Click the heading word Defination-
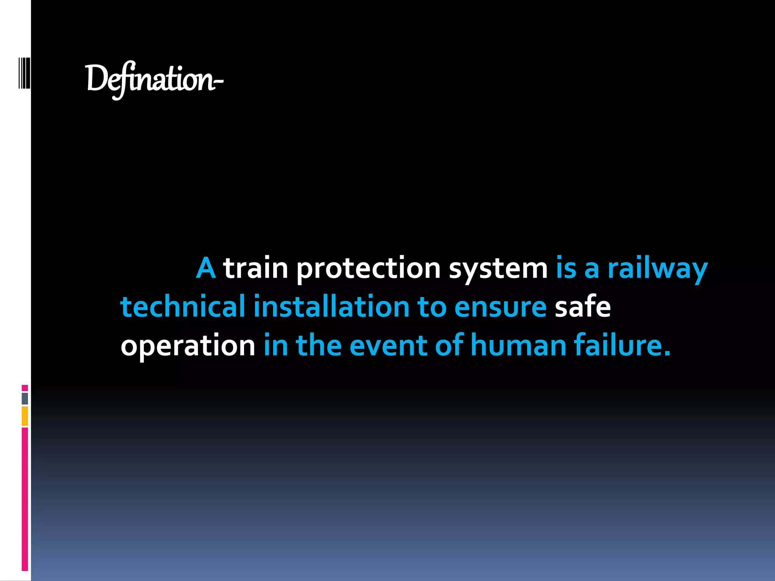(x=154, y=79)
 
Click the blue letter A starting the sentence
(x=206, y=268)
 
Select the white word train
(x=256, y=268)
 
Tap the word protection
(x=368, y=268)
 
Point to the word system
(x=498, y=268)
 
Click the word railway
(x=657, y=268)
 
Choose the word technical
(x=183, y=306)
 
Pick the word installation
(x=331, y=306)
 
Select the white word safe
(x=582, y=306)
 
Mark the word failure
(x=622, y=345)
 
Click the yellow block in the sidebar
(x=25, y=416)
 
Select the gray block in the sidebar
(x=25, y=399)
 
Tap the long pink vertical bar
(x=25, y=499)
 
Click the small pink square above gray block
(x=25, y=388)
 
